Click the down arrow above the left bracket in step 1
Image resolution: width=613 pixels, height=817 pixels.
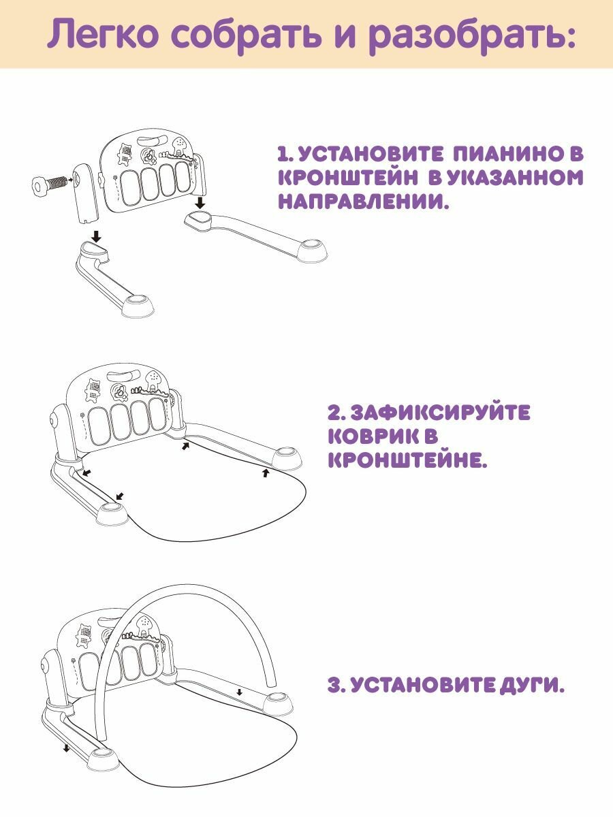pyautogui.click(x=97, y=236)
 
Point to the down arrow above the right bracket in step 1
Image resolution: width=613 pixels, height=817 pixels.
pyautogui.click(x=199, y=203)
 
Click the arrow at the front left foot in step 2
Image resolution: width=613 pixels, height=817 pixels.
pyautogui.click(x=119, y=496)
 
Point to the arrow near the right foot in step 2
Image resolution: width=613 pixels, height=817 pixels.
pyautogui.click(x=266, y=471)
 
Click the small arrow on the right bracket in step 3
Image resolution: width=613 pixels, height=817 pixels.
pyautogui.click(x=239, y=692)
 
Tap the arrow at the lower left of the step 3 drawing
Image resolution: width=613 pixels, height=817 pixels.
pyautogui.click(x=66, y=748)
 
